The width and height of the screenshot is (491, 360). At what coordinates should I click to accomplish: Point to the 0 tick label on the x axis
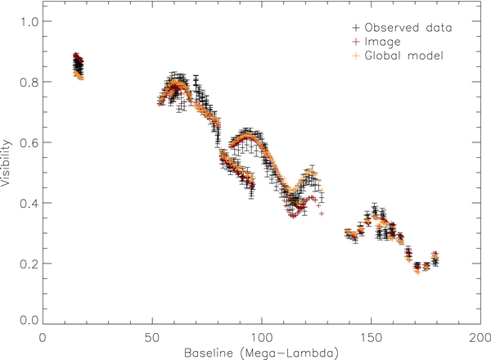tap(42, 336)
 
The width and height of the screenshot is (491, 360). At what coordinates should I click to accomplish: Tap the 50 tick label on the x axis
tap(151, 336)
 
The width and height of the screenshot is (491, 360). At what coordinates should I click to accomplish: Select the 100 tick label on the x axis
tap(261, 336)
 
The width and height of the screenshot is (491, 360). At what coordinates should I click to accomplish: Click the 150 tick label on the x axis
tap(371, 336)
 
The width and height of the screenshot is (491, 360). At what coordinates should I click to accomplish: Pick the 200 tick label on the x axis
tap(480, 336)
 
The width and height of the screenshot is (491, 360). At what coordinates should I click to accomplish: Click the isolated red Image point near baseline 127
tap(322, 213)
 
